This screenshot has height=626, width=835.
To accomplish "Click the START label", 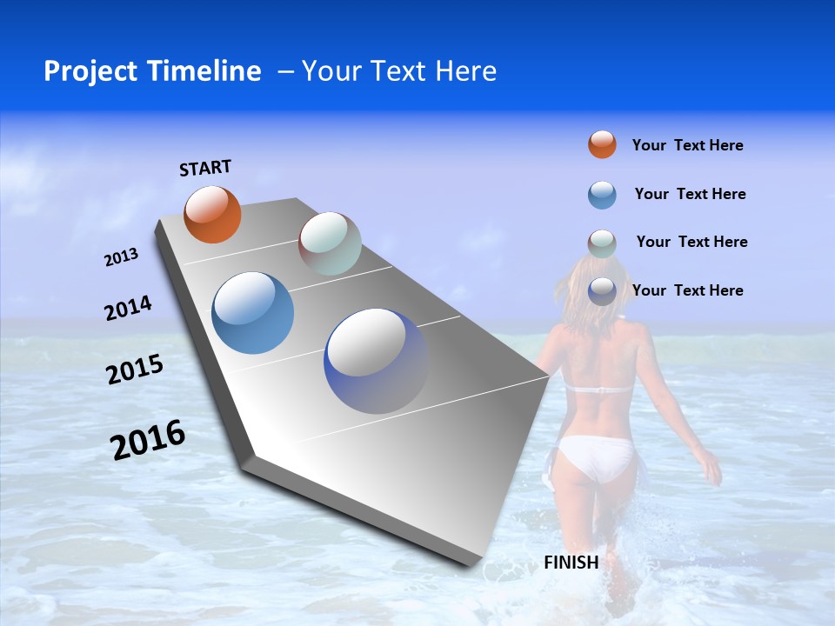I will point(205,168).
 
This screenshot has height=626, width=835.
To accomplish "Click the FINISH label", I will point(571,563).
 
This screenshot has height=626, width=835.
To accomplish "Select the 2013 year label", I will point(121,257).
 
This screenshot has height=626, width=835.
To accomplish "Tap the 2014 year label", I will point(128,308).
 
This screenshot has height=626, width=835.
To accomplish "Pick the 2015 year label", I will point(134,370).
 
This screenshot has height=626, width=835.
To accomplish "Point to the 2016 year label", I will point(148,440).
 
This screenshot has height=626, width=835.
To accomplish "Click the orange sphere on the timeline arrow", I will point(212,215).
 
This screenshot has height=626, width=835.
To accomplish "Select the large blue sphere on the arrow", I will point(253,313).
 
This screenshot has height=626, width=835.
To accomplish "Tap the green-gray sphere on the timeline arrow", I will point(330,243).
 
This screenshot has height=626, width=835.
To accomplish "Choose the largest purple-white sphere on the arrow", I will point(377,361).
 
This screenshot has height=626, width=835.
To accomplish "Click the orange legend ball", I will point(602,144).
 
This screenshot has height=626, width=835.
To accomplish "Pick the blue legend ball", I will point(602,195).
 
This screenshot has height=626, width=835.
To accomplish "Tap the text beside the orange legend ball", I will point(687,145).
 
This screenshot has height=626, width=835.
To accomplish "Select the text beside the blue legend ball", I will point(690,194).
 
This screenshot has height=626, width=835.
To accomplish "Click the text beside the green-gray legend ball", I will point(691,242).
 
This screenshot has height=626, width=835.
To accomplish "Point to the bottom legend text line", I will point(687,290).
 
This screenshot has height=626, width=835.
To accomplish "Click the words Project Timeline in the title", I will point(152,71).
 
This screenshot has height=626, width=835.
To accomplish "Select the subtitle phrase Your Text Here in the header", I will point(399,71).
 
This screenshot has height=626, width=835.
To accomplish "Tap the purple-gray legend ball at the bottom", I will point(602,291).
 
